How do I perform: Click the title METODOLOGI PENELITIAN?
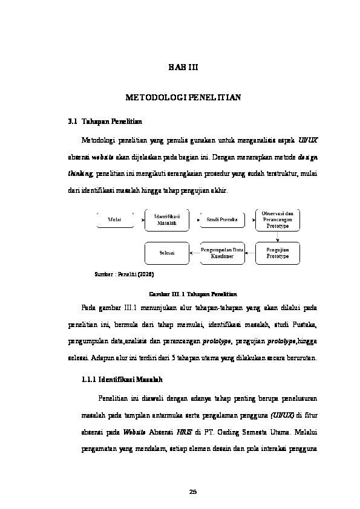183,97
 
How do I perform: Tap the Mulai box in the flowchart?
114,219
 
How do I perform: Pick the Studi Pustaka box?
221,219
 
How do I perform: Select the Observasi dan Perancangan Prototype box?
277,219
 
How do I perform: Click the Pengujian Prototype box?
277,253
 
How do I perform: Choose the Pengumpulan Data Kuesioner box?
221,253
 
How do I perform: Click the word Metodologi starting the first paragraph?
97,140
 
